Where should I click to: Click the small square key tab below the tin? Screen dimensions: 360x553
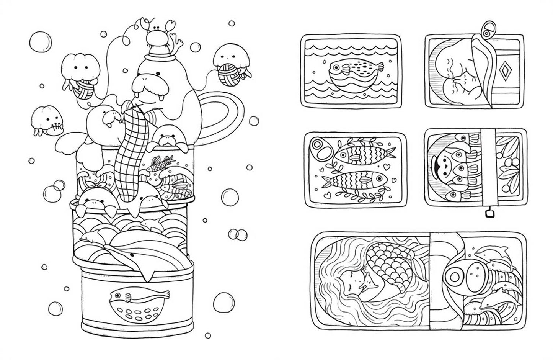(488, 214)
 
